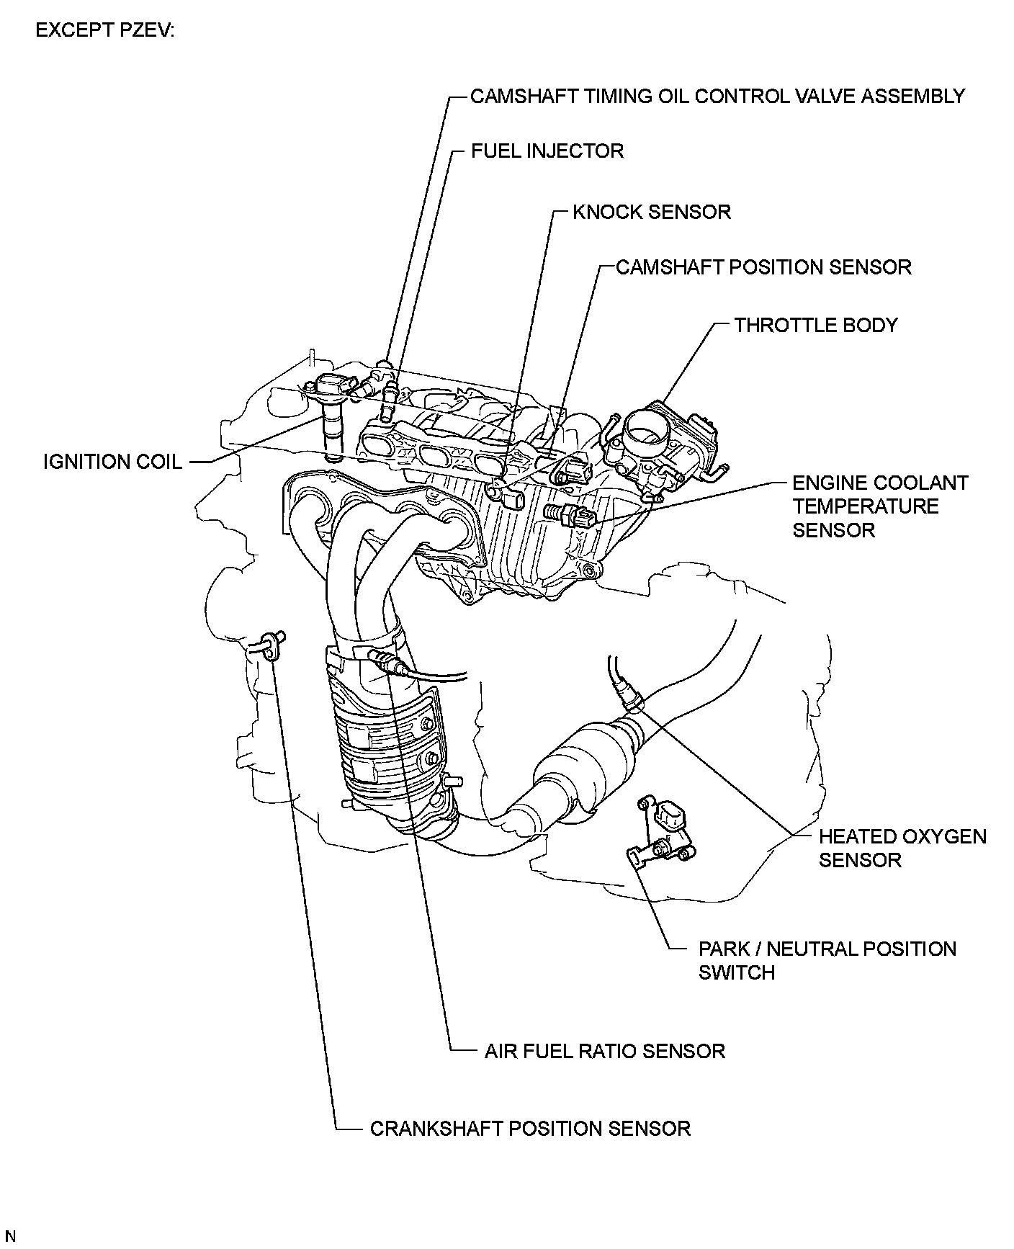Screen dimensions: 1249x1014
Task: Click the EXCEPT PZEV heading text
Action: pyautogui.click(x=104, y=31)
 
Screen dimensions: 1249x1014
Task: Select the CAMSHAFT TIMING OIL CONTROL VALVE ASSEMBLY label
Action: pyautogui.click(x=717, y=96)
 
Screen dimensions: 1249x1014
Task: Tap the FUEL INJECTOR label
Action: pyautogui.click(x=547, y=151)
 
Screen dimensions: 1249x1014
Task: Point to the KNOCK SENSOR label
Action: pyautogui.click(x=651, y=212)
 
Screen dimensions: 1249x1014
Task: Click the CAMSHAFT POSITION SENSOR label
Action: pyautogui.click(x=763, y=267)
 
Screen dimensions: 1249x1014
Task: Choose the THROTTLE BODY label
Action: pyautogui.click(x=815, y=325)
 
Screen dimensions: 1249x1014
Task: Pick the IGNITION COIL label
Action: pyautogui.click(x=112, y=462)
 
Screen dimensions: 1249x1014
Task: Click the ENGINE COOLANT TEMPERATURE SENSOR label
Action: pyautogui.click(x=879, y=506)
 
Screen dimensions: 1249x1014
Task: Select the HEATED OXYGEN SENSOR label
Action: pyautogui.click(x=902, y=848)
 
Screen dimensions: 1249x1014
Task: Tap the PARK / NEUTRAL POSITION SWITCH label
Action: pyautogui.click(x=827, y=960)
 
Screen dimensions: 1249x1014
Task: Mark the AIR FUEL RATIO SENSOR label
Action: pyautogui.click(x=604, y=1051)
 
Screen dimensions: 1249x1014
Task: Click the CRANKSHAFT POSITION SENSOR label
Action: pyautogui.click(x=530, y=1128)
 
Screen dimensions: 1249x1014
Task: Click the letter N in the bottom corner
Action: pyautogui.click(x=10, y=1237)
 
